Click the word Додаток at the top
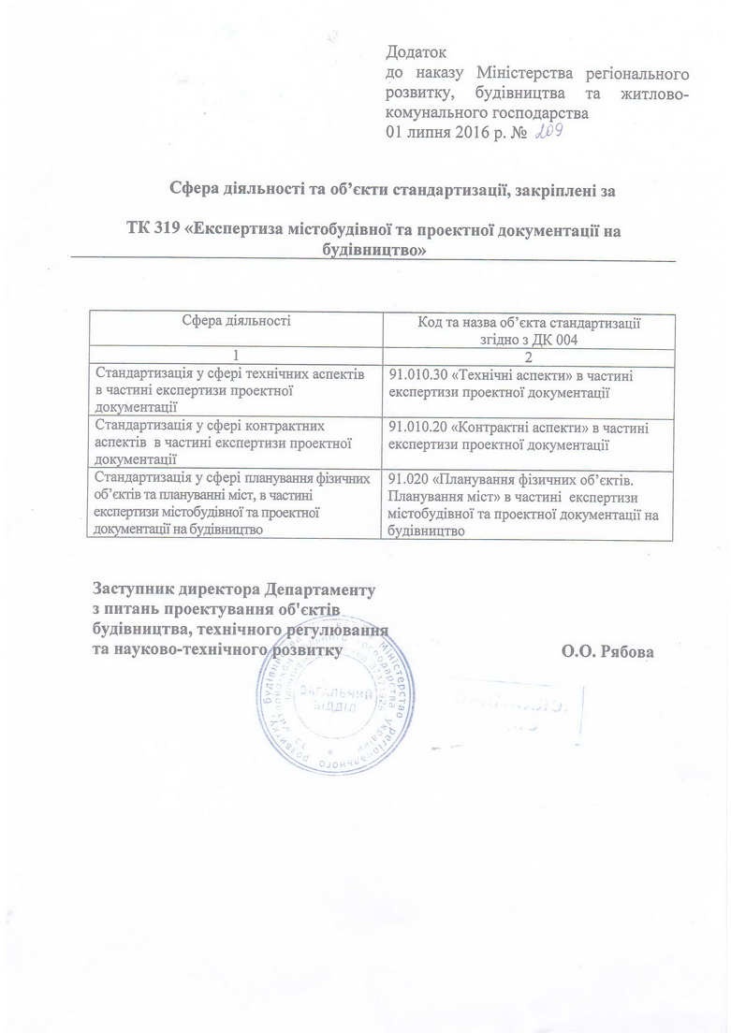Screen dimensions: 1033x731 click(x=417, y=52)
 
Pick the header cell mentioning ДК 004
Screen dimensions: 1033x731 click(x=528, y=329)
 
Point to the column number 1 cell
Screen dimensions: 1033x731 click(x=235, y=357)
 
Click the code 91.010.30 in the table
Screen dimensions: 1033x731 click(x=418, y=375)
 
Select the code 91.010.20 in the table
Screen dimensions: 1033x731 click(x=418, y=427)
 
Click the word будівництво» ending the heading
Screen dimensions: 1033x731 click(x=373, y=251)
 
